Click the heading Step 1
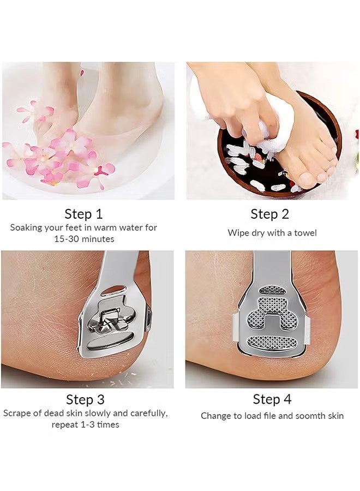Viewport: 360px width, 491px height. pos(83,213)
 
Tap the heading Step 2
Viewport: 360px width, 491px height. pos(269,213)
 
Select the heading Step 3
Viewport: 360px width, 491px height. pos(86,399)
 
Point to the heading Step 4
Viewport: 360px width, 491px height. pos(272,399)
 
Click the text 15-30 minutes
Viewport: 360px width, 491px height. pos(84,238)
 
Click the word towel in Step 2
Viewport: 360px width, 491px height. pos(305,233)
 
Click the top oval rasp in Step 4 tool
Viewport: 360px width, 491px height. pos(272,290)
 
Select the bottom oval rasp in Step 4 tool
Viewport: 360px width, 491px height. pos(272,343)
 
